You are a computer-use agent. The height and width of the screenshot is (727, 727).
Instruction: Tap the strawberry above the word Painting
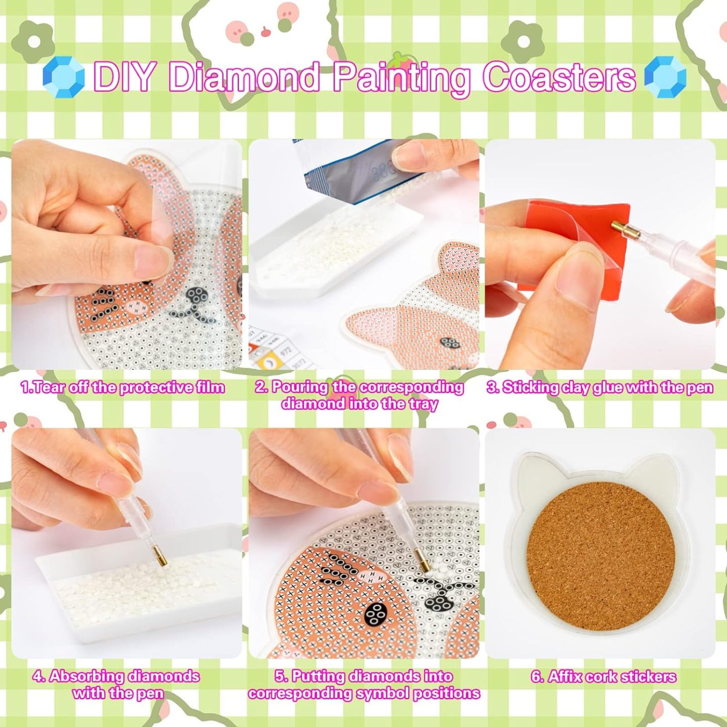(400, 60)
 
